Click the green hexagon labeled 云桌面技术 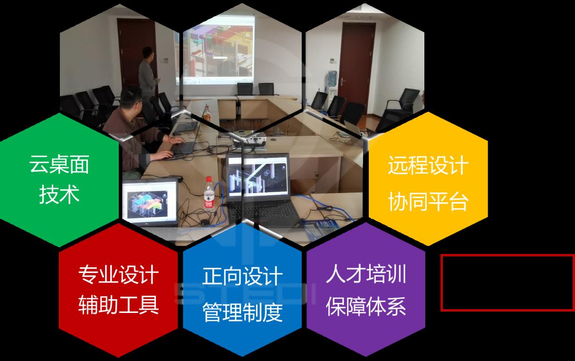59,180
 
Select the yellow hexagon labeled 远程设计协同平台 428,179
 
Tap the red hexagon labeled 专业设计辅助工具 118,290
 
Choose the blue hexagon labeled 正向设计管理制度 242,290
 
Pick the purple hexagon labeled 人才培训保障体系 366,290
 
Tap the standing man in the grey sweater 148,73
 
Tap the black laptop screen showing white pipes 258,177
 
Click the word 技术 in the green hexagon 59,195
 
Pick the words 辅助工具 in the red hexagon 118,305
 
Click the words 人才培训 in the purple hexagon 366,274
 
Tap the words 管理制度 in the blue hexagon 242,312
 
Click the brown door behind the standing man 136,54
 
